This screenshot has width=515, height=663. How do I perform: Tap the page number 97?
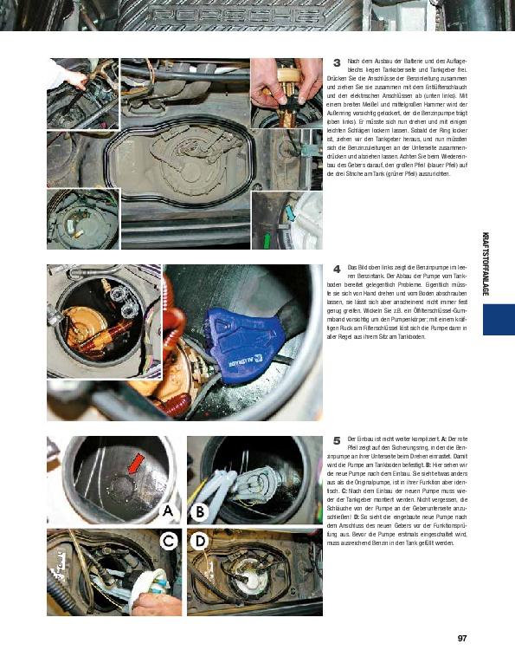(x=461, y=640)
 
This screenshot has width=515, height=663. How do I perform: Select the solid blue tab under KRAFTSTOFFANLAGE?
(x=499, y=320)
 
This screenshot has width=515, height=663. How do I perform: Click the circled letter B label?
(x=197, y=512)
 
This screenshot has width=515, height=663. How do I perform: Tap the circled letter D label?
(x=197, y=541)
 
